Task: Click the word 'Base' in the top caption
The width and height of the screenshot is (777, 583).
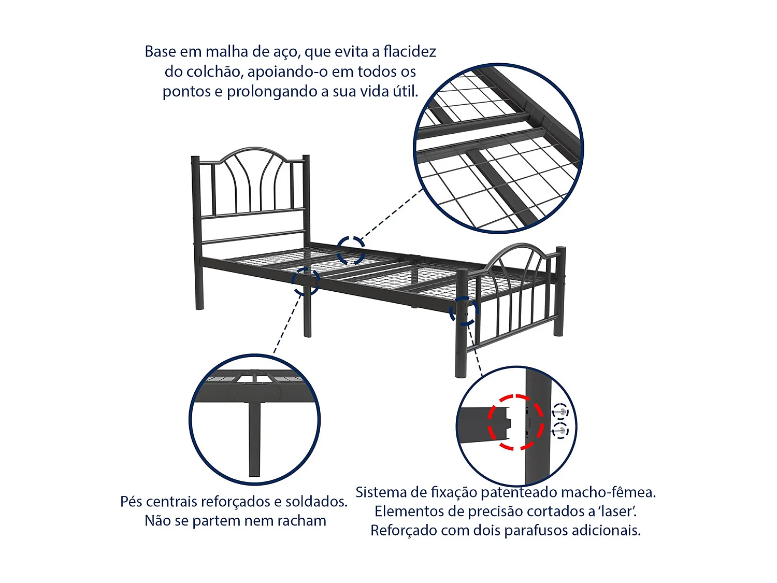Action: tap(160, 52)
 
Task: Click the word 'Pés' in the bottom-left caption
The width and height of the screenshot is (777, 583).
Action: tap(132, 502)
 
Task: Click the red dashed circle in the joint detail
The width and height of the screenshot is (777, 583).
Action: tap(515, 422)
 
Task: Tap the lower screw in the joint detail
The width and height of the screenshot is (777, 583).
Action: tap(559, 430)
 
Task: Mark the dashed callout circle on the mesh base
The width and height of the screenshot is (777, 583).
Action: tap(351, 250)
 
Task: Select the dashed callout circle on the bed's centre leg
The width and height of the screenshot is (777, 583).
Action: tap(306, 281)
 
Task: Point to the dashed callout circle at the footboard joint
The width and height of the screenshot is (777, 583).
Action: tap(464, 311)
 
